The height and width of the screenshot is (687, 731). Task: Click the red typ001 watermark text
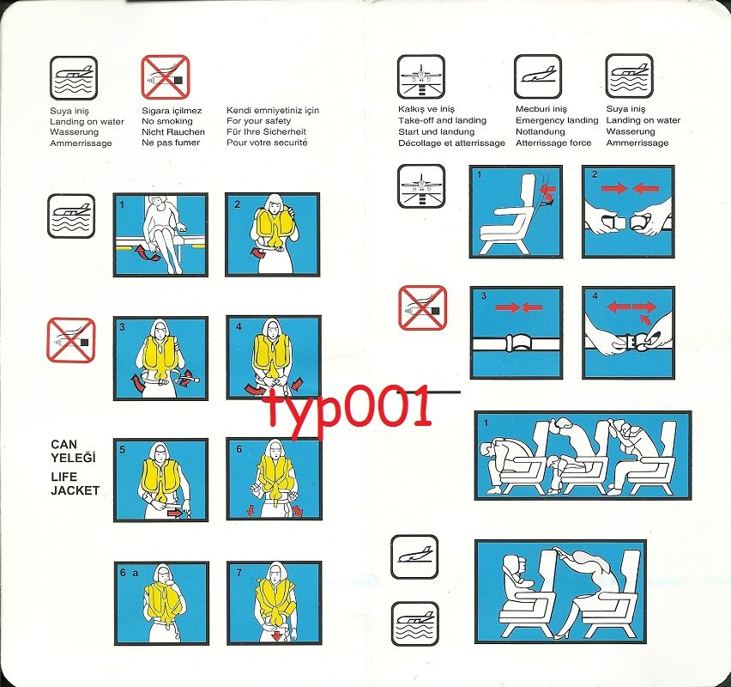347,408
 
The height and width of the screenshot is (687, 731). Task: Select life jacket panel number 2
273,234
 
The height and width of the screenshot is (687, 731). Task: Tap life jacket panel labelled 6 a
160,603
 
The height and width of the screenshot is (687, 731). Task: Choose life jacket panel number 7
273,603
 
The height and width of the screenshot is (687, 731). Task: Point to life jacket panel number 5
160,480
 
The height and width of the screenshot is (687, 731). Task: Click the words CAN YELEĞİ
73,451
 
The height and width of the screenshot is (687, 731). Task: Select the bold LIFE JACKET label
75,483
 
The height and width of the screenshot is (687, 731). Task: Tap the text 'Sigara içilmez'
172,111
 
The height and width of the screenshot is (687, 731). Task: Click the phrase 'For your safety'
259,121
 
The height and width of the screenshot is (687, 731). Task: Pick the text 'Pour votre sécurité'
267,143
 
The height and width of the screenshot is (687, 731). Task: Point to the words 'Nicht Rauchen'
173,132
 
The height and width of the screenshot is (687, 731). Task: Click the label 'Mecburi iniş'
541,110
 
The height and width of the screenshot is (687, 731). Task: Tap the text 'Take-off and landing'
442,121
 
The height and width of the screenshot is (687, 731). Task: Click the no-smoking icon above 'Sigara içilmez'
165,76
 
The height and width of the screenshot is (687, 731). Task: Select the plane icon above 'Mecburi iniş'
537,76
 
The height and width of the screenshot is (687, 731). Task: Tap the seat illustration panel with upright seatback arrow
516,211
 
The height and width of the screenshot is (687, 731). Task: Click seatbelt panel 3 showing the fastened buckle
516,332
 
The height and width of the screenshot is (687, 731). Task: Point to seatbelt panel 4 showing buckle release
628,332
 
